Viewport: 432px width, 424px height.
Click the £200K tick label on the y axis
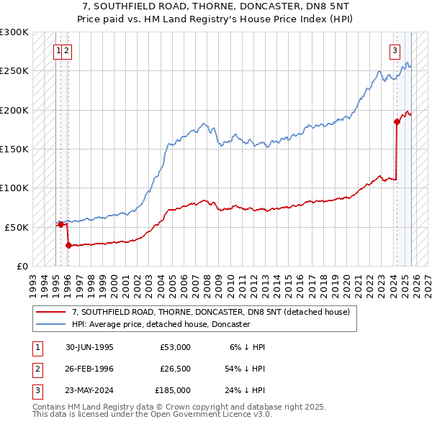[14, 110]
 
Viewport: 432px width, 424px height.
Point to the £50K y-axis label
[16, 227]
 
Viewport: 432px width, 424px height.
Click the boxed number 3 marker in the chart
[395, 50]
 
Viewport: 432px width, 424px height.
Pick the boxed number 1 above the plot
[58, 50]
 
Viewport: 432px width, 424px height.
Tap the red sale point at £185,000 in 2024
[397, 121]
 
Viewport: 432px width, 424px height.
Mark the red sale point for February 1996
[68, 245]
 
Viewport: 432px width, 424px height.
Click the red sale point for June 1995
[60, 224]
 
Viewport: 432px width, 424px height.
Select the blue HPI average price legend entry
[161, 324]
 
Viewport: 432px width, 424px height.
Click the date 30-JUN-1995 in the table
[89, 347]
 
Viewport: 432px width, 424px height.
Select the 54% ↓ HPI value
[246, 369]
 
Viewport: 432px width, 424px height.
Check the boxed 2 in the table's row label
[37, 369]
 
